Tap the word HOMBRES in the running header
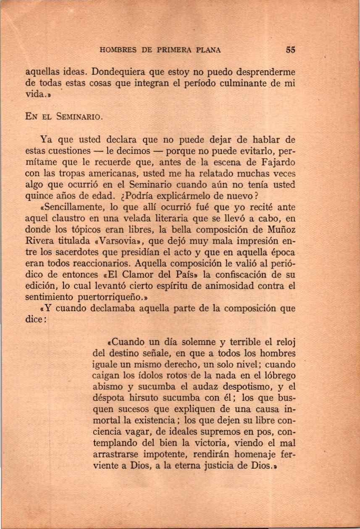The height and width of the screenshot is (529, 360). tap(116, 50)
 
